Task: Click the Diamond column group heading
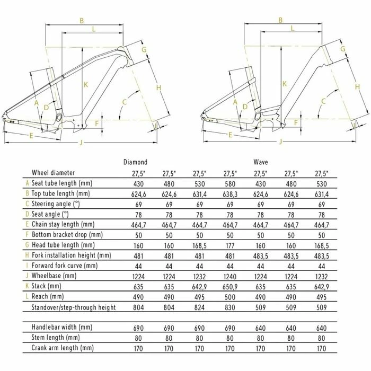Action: click(x=135, y=162)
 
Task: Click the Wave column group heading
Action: click(x=261, y=162)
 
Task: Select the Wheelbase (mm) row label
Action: click(x=54, y=276)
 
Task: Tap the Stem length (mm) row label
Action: click(x=56, y=338)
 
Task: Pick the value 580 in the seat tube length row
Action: click(x=230, y=184)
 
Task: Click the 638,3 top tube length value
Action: click(x=230, y=195)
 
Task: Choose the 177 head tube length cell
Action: click(x=230, y=245)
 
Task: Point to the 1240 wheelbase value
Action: click(x=230, y=276)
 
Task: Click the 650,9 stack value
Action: click(x=230, y=287)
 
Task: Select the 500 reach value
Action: click(x=230, y=297)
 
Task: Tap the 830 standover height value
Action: click(x=230, y=307)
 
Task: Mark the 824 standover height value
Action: click(x=199, y=307)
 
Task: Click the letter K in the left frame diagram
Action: click(x=86, y=84)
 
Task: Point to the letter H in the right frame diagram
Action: click(x=357, y=86)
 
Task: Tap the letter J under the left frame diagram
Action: click(x=81, y=142)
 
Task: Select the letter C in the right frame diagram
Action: click(x=323, y=101)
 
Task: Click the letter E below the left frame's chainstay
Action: click(x=31, y=136)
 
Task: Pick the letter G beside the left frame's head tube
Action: click(x=144, y=50)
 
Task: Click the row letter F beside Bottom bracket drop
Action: click(x=27, y=234)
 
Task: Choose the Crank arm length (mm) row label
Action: click(x=63, y=348)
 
